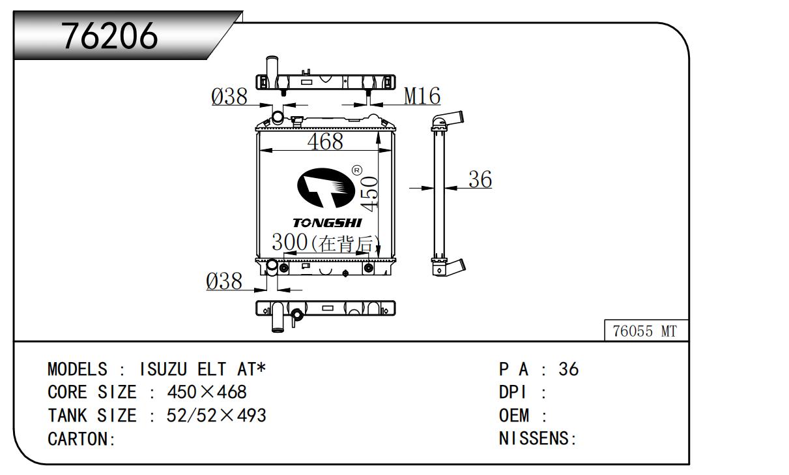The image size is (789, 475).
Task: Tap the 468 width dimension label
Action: (x=324, y=141)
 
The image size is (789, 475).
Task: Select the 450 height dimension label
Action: (x=369, y=193)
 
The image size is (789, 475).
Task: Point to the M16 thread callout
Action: (x=422, y=97)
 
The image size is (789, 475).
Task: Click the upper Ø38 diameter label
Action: (x=229, y=97)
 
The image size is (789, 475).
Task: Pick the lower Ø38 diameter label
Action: (x=224, y=282)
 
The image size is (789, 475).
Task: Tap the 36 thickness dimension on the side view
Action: (x=480, y=179)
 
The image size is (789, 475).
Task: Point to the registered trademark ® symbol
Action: (x=357, y=170)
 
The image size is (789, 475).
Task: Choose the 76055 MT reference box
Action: (x=645, y=331)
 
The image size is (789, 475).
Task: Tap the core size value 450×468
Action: (x=207, y=392)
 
